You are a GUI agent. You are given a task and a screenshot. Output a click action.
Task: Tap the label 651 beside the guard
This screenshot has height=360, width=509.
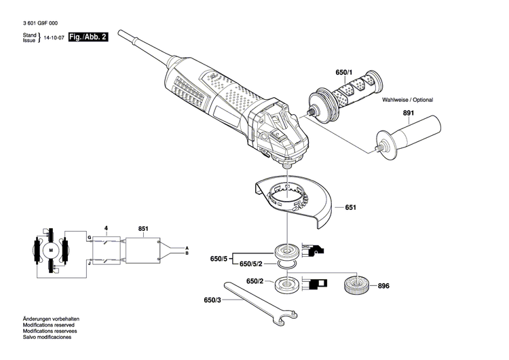351,207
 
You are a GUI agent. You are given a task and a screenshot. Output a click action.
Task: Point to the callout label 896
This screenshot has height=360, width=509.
383,286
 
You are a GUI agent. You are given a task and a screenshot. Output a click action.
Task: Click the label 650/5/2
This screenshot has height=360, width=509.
252,264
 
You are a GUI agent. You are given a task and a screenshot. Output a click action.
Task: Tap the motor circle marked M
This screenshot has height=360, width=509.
50,251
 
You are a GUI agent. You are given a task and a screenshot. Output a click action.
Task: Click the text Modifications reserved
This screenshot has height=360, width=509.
48,324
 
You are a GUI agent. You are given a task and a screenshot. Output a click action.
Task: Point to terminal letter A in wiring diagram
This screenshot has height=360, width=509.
187,247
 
